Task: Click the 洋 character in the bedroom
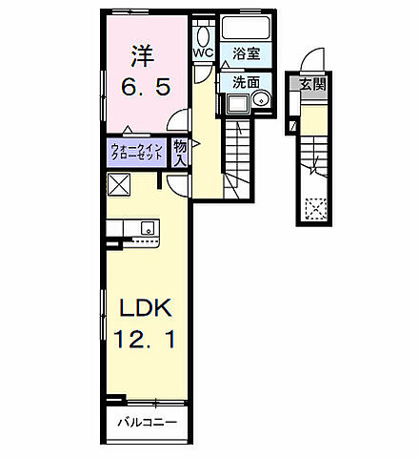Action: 144,54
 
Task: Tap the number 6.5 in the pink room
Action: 145,87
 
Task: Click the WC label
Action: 203,53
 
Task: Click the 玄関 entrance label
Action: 312,83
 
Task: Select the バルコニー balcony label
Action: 145,422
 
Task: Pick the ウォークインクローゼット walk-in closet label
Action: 135,151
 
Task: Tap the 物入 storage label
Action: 180,151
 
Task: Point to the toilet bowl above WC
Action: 203,35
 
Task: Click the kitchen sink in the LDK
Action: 147,228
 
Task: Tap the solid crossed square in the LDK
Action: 120,184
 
